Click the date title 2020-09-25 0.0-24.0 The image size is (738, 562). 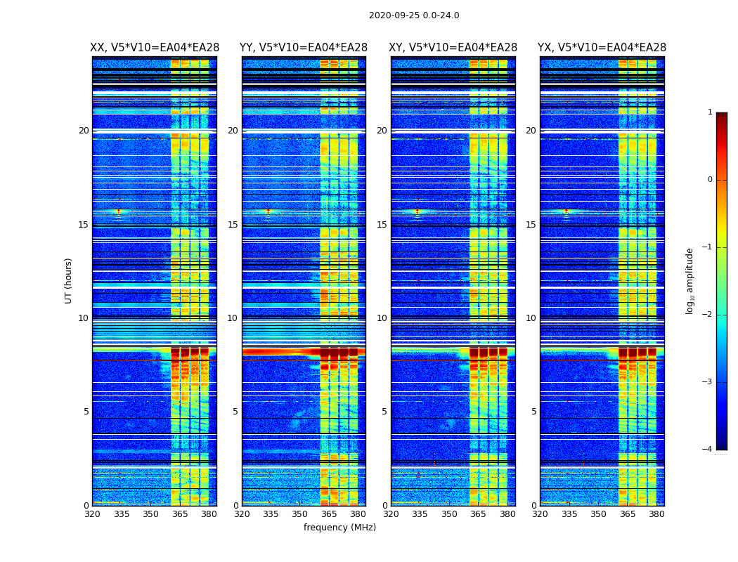414,15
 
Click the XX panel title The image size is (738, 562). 155,48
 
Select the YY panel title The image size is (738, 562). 304,48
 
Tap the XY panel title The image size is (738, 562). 453,48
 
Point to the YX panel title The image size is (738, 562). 602,48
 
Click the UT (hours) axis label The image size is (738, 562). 69,280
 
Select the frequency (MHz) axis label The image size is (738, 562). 339,528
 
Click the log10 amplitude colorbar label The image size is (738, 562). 690,280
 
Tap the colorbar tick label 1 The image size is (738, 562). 709,112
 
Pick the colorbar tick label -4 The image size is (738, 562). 708,450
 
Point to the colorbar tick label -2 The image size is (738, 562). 708,315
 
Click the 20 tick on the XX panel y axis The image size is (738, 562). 84,131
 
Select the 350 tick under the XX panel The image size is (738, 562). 150,514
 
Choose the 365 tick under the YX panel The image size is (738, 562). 628,514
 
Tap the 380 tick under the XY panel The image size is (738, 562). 507,514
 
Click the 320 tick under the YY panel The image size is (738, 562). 242,514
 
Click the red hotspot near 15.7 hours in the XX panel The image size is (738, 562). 119,211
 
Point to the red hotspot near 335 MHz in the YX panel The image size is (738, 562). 567,211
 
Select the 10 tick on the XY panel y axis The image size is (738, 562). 382,318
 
